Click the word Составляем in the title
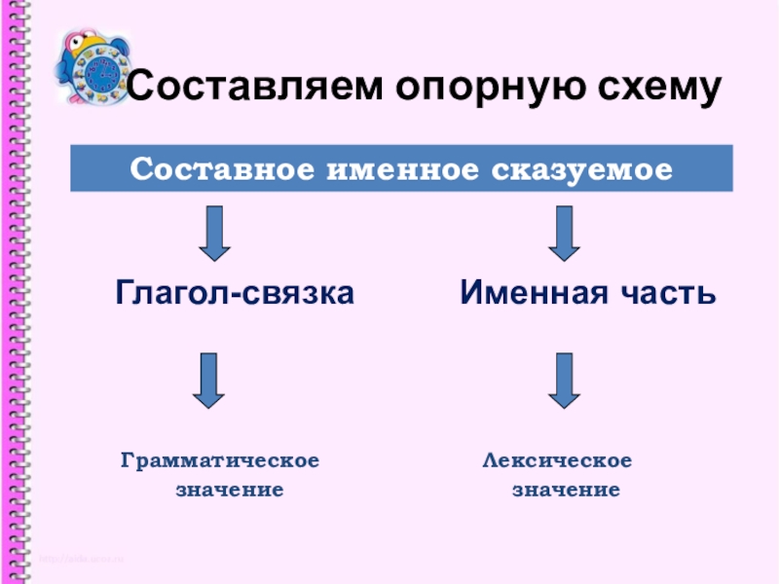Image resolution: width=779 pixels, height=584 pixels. [x=255, y=91]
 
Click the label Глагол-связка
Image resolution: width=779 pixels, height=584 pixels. [x=235, y=292]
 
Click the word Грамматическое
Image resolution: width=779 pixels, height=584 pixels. [x=220, y=459]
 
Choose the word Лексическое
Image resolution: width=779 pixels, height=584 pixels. [x=558, y=459]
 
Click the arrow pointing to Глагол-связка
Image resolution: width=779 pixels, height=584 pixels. [x=214, y=233]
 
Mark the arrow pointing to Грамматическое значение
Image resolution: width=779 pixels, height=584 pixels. [x=208, y=380]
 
